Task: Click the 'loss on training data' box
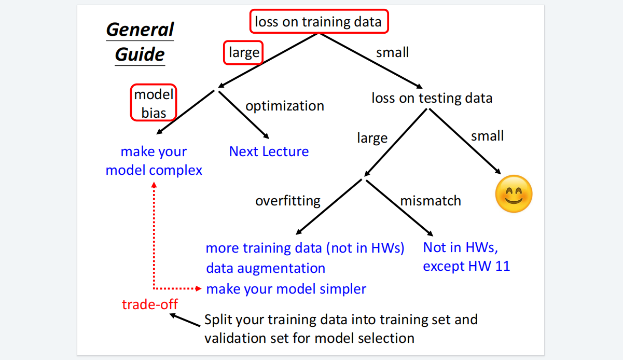coord(318,22)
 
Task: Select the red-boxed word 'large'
coord(243,53)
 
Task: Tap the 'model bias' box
coord(154,103)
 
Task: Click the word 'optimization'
coord(284,106)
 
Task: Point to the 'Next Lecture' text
coord(269,151)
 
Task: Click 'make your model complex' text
coord(154,161)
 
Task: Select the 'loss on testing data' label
coord(432,98)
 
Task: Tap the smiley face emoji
coord(514,193)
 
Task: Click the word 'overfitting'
coord(288,201)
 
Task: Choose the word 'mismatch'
coord(430,201)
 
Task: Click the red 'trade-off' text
coord(150,304)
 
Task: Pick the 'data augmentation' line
coord(266,268)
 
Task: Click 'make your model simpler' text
coord(286,289)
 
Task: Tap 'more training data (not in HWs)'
coord(304,248)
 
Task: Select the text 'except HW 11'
coord(466,267)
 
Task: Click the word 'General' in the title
coord(140,29)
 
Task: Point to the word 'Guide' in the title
coord(140,54)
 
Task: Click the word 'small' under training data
coord(392,52)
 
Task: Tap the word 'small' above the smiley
coord(487,136)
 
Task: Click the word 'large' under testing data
coord(372,138)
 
